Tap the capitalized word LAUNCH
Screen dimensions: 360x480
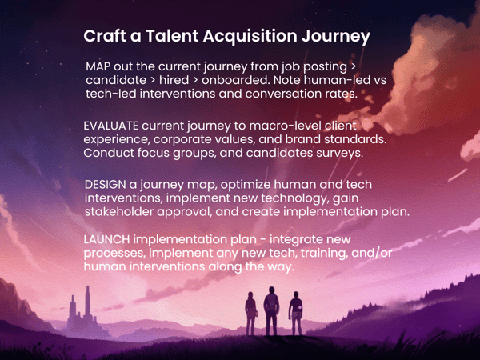pos(108,240)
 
